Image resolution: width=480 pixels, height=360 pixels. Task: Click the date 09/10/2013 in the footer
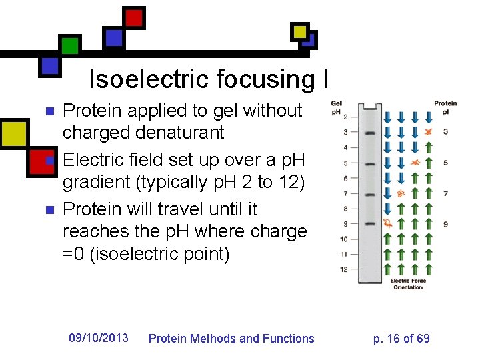(x=99, y=338)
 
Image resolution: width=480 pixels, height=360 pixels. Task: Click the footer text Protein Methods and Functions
(x=231, y=339)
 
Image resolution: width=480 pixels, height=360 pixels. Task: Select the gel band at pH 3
(x=371, y=133)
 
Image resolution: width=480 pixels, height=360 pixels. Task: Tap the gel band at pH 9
(x=371, y=223)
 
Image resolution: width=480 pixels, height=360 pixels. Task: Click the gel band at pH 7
(x=371, y=193)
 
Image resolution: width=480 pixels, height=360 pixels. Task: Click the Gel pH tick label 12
(x=343, y=269)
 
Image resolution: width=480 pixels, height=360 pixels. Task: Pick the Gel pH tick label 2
(x=345, y=117)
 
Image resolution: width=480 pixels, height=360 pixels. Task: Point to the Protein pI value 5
(x=445, y=163)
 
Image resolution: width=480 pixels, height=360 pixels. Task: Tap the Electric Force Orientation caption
(x=408, y=284)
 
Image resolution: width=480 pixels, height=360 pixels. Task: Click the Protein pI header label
(x=445, y=107)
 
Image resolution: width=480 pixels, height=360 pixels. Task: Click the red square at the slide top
(x=135, y=17)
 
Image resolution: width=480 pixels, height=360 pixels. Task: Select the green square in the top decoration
(x=70, y=45)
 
